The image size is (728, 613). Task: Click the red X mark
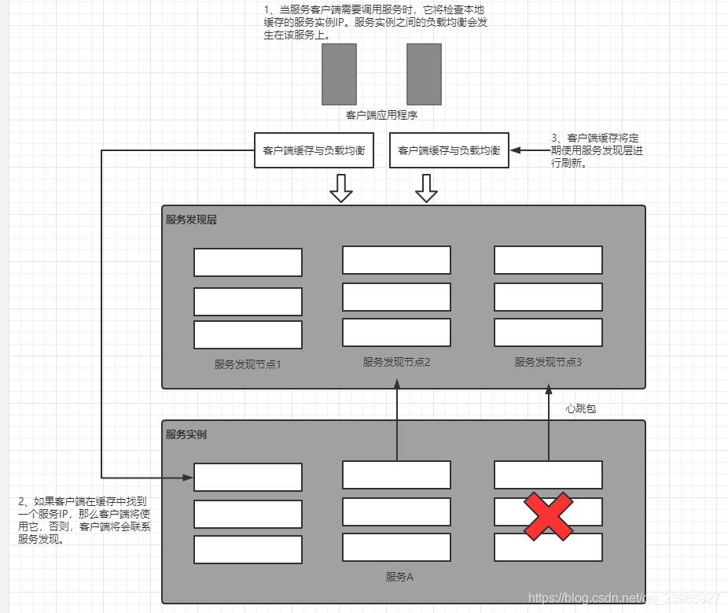[548, 517]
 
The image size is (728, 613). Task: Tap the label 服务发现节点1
[248, 364]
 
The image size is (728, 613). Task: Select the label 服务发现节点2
[396, 362]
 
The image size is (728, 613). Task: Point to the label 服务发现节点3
[548, 362]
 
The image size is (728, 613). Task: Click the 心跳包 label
[581, 408]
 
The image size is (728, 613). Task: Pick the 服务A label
[399, 577]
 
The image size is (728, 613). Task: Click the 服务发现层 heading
[191, 220]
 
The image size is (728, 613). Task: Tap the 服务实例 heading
[186, 434]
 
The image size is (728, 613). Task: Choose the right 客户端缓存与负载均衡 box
[449, 150]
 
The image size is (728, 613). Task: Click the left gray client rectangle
[339, 74]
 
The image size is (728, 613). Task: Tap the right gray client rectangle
[424, 74]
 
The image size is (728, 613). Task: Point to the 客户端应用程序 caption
[381, 115]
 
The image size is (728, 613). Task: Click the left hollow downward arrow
[340, 188]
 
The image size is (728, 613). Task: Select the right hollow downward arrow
[426, 188]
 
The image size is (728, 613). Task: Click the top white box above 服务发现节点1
[248, 262]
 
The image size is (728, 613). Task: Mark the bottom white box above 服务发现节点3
[548, 332]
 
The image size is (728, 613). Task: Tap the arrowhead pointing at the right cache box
[516, 150]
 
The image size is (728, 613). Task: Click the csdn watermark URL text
[625, 598]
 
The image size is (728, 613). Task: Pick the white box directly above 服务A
[396, 547]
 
